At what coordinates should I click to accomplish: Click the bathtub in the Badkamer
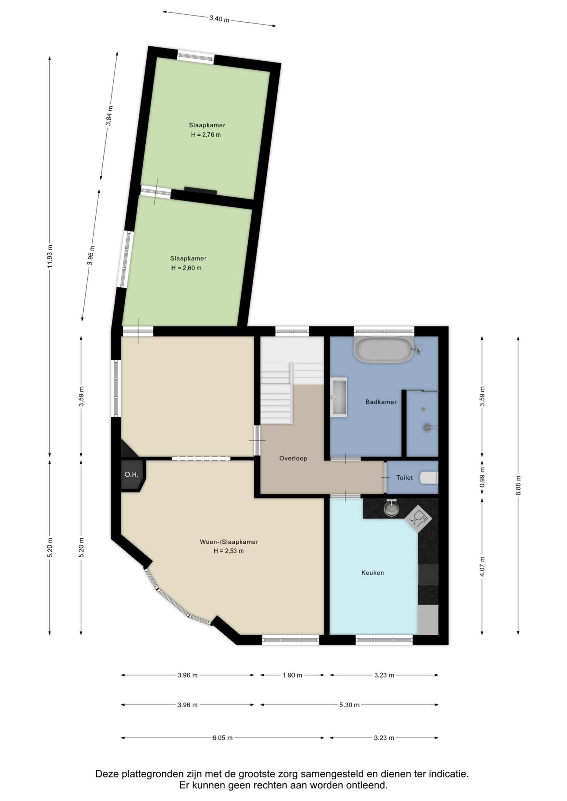[384, 350]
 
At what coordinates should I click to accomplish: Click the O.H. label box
[132, 474]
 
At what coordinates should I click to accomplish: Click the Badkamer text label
[381, 402]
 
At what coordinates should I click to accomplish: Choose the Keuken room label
[372, 572]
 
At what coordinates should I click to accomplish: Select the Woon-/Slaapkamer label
[229, 542]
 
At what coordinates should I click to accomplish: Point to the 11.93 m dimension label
[50, 256]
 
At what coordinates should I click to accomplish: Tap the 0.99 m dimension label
[482, 480]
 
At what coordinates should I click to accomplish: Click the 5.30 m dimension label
[349, 705]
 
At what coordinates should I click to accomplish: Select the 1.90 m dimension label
[292, 675]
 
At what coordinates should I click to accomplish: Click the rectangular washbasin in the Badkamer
[339, 397]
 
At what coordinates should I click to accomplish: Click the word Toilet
[404, 478]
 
